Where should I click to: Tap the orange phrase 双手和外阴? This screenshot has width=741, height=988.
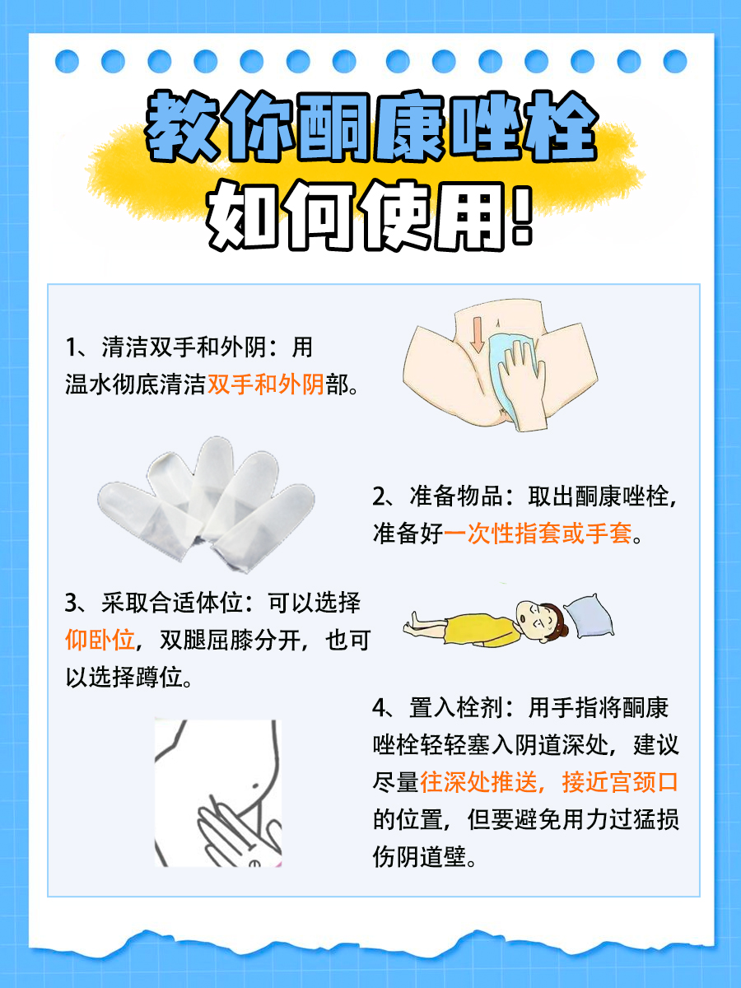(x=266, y=384)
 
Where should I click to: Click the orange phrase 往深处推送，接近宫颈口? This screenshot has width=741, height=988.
(x=548, y=781)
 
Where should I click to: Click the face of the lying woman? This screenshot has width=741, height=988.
(x=532, y=617)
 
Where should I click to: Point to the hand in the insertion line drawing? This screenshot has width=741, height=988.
(x=235, y=823)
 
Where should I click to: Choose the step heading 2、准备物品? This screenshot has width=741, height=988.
(x=436, y=497)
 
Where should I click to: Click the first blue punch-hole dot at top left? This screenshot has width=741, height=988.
(x=67, y=61)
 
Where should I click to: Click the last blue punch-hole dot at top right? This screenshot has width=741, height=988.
(x=675, y=61)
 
